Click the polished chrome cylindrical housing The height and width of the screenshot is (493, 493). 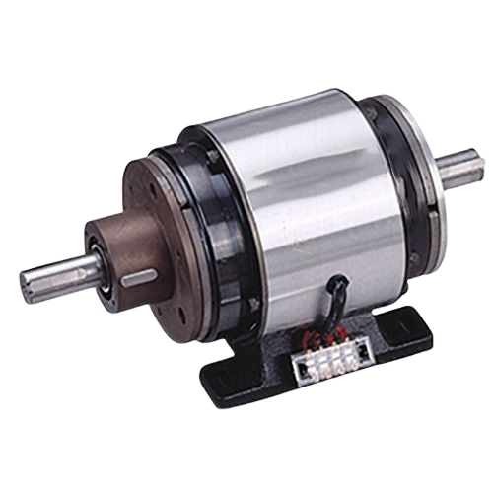[286, 207]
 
